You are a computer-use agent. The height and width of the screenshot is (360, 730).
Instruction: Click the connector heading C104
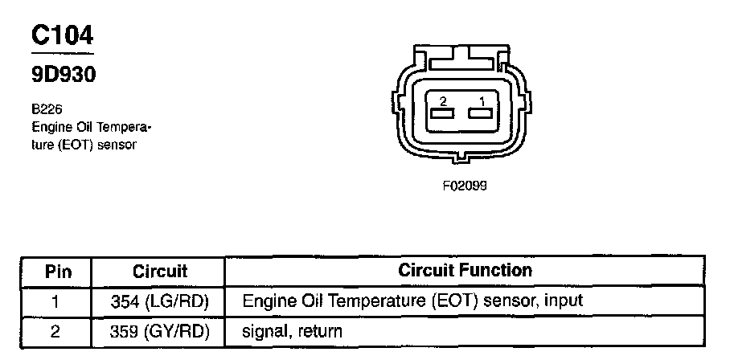click(63, 35)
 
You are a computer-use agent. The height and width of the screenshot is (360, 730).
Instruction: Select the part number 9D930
click(64, 75)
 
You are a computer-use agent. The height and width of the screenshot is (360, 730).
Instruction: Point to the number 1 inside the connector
click(482, 101)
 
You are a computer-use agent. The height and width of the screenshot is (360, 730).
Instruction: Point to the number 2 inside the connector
click(442, 101)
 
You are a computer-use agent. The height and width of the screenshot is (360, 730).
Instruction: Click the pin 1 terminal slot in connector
click(482, 114)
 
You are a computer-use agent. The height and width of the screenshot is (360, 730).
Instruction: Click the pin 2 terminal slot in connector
click(441, 114)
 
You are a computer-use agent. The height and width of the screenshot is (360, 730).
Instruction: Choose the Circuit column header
click(159, 271)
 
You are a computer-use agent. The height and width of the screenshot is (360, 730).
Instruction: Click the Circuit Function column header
click(465, 270)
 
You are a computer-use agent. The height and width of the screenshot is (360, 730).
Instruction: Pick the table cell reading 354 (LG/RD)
click(159, 301)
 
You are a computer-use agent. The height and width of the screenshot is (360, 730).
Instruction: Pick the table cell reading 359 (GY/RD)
click(159, 330)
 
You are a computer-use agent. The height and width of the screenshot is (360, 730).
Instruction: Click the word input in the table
click(564, 301)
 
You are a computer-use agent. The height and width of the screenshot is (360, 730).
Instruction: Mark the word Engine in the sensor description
click(48, 127)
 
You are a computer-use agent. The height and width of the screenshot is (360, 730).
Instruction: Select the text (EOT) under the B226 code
click(73, 145)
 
